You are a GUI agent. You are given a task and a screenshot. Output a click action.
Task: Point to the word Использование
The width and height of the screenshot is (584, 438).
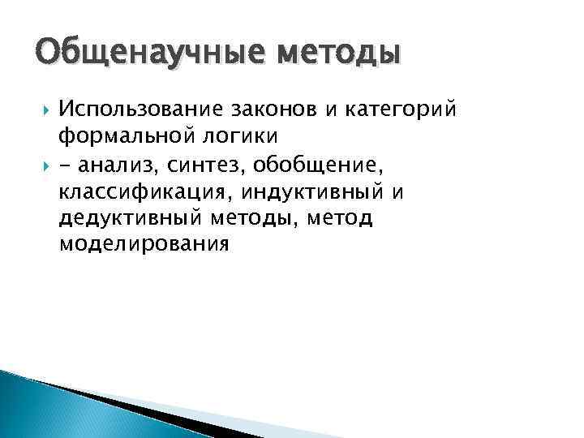point(141,109)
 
